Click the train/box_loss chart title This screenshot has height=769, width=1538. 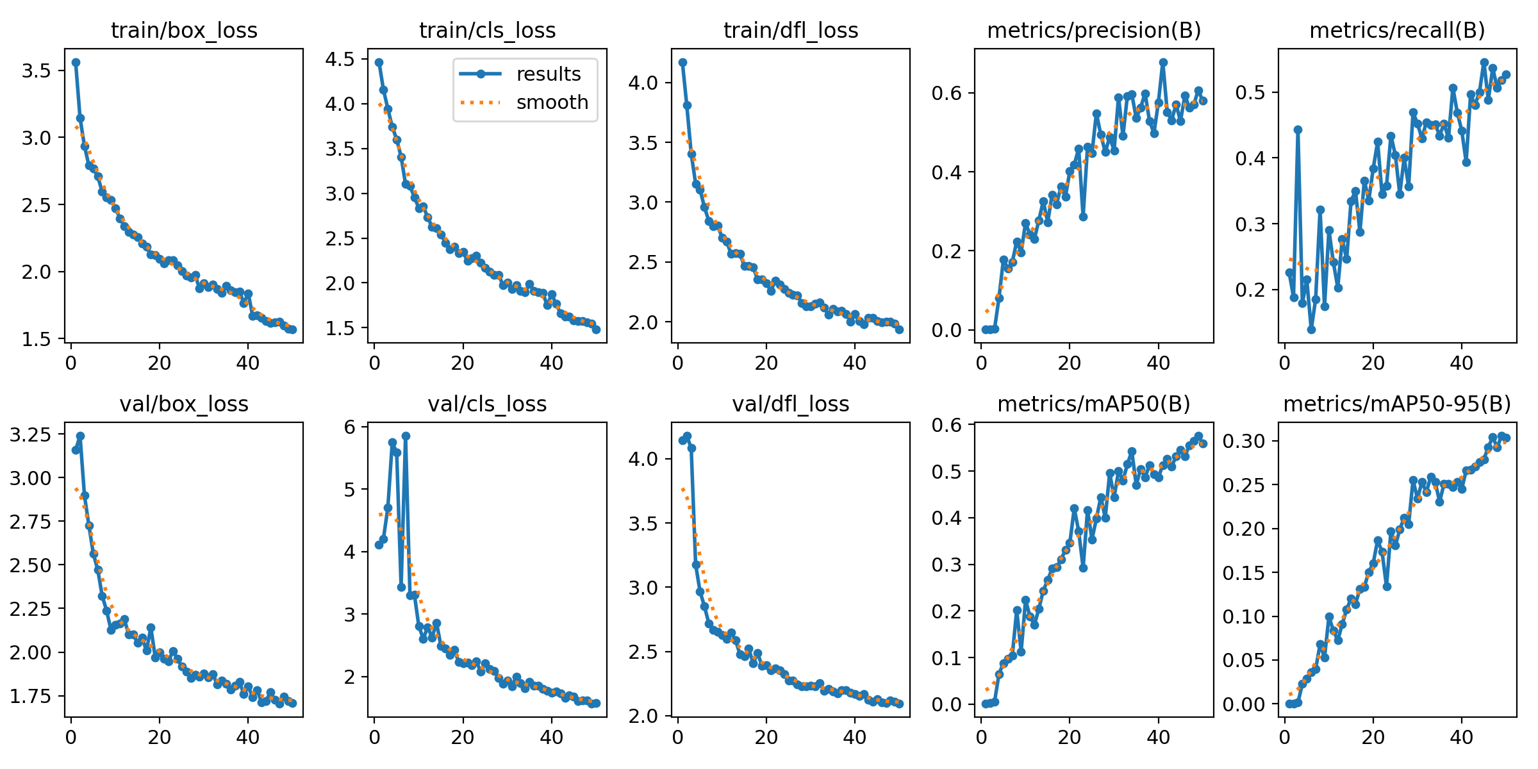pos(184,31)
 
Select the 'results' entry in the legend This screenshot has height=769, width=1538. pos(548,74)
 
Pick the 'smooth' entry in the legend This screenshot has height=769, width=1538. pos(552,103)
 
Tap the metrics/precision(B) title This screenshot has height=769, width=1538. pos(1094,31)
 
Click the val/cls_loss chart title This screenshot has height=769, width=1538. pos(487,404)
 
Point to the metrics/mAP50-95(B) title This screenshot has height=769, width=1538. pos(1397,404)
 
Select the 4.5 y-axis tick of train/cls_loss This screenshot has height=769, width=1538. pos(340,60)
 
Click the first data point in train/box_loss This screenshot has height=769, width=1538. pos(76,62)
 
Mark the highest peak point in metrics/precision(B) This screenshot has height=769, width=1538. pos(1163,62)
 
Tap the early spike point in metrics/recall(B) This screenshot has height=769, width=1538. pos(1298,129)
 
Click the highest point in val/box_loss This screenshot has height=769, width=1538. pos(80,436)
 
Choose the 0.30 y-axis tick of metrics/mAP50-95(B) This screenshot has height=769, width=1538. pos(1243,441)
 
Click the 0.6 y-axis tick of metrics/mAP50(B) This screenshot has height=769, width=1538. pos(947,425)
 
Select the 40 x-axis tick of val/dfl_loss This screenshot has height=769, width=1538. pos(855,738)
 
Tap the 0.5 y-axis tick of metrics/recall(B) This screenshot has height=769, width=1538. pos(1250,93)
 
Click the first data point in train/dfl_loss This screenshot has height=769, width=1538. pos(682,62)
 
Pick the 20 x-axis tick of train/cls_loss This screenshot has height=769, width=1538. pos(463,364)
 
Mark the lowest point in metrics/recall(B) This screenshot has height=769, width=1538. pos(1311,329)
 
